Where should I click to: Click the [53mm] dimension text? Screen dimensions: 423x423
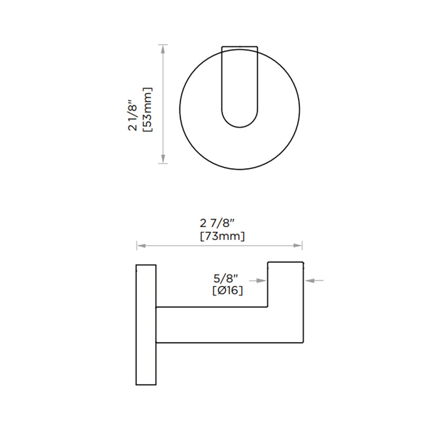(x=148, y=110)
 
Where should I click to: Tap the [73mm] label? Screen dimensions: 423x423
(x=222, y=236)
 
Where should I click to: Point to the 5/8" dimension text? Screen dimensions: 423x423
(x=228, y=277)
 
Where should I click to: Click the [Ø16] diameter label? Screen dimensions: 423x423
(x=228, y=290)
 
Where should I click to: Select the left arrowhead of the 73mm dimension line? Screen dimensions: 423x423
(x=140, y=245)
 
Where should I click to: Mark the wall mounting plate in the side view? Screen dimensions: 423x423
(x=146, y=324)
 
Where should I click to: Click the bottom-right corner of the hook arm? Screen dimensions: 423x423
(x=303, y=342)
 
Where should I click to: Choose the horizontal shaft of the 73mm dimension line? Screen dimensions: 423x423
(x=219, y=245)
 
